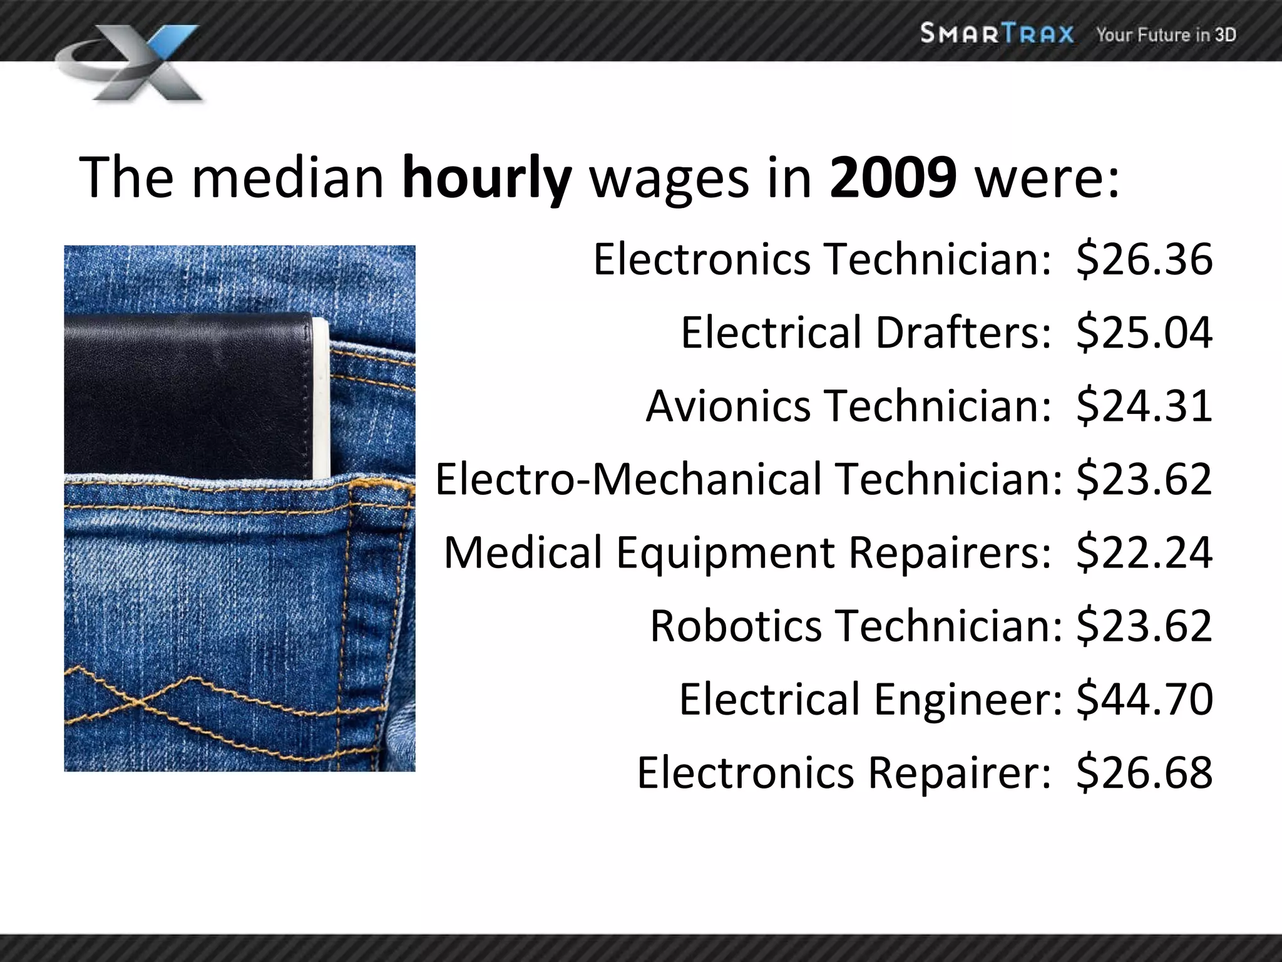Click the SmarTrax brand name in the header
coord(997,33)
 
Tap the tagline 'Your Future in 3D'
coord(1166,34)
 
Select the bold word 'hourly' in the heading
coord(487,178)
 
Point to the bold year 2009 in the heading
coord(893,178)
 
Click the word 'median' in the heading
coord(287,178)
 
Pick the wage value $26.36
coord(1144,259)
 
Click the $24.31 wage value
coord(1144,405)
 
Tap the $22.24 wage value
coord(1144,552)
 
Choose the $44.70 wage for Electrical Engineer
coord(1144,699)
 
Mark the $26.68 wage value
coord(1144,772)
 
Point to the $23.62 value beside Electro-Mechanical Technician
coord(1144,478)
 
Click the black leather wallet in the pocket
coord(194,395)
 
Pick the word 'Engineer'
coord(968,699)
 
